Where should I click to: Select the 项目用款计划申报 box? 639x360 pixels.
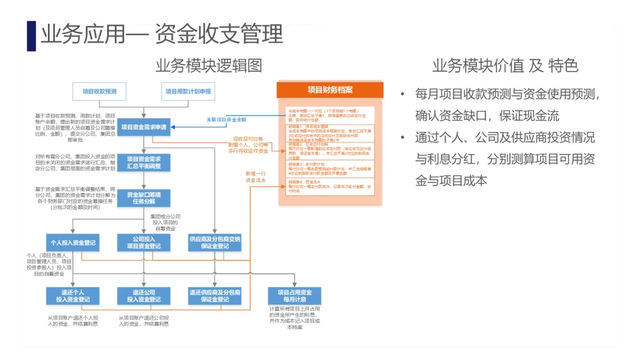click(188, 91)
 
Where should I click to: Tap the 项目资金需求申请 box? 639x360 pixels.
click(144, 126)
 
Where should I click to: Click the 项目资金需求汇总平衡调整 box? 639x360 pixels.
click(144, 162)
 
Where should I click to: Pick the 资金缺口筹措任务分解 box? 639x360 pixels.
click(144, 198)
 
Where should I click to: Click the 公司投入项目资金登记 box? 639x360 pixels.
click(143, 243)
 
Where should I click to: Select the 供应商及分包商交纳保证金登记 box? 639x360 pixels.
click(215, 243)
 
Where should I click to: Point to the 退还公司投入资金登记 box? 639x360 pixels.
click(143, 296)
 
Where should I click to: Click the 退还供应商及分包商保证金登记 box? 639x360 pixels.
click(215, 296)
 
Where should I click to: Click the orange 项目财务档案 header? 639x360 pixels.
click(330, 90)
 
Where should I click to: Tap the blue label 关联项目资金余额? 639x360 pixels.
click(226, 120)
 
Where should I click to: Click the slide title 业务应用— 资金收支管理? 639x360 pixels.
click(162, 35)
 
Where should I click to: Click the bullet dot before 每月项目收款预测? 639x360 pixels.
click(403, 94)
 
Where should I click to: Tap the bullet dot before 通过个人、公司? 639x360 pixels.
click(403, 138)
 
